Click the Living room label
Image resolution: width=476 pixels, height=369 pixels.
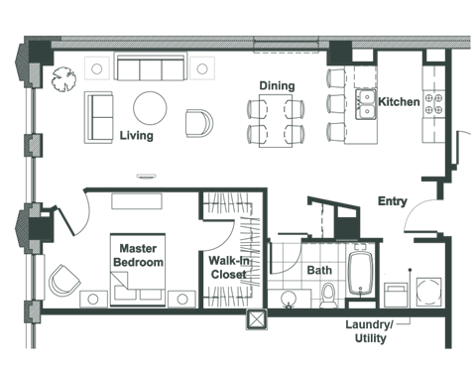[136, 135]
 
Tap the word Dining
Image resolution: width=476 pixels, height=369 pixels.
[277, 86]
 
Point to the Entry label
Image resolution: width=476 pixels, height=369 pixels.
[392, 201]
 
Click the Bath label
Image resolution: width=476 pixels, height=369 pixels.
[319, 269]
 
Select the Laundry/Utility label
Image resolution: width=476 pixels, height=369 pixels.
[366, 331]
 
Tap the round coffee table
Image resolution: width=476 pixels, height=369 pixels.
[152, 106]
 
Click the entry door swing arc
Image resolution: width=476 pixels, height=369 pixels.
[419, 214]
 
